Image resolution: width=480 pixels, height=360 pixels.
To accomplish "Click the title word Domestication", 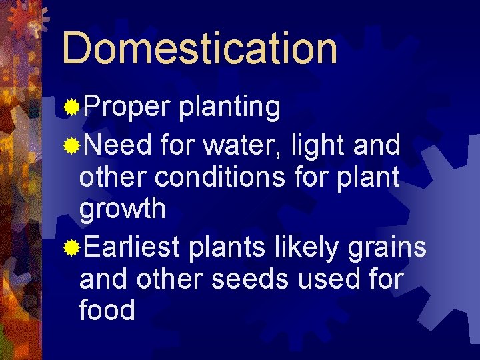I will pos(199,48).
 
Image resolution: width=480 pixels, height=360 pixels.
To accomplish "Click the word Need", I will pos(118,144).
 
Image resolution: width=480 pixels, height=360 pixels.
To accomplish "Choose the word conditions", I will pos(234,177).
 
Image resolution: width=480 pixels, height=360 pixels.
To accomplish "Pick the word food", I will pos(107,311).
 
